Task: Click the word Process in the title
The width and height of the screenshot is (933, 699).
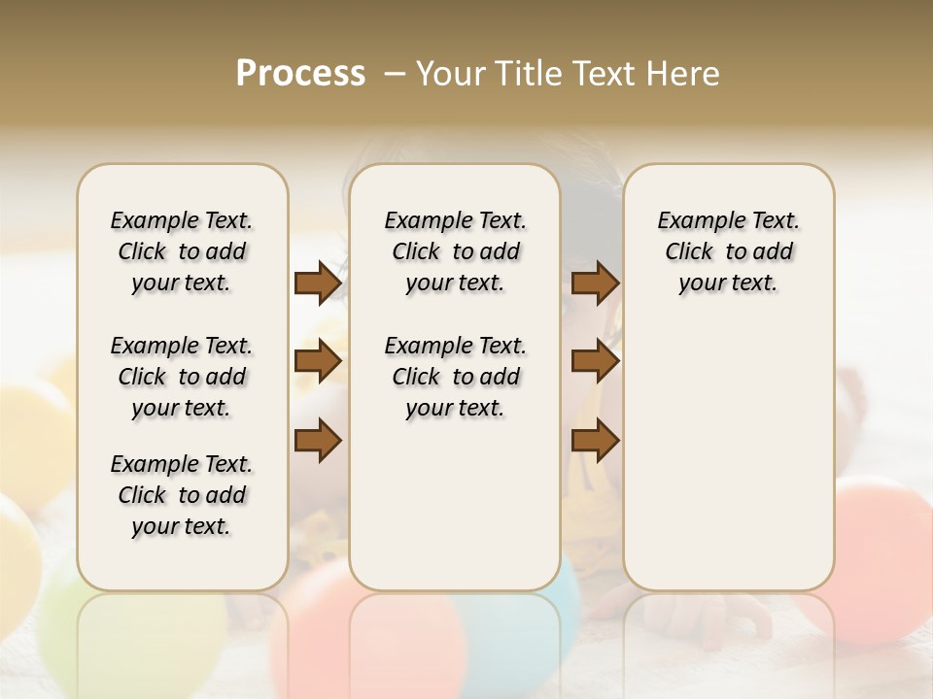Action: (x=300, y=74)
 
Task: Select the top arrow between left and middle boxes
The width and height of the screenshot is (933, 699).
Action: (x=318, y=283)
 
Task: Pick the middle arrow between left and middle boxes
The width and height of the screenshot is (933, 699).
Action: (x=318, y=362)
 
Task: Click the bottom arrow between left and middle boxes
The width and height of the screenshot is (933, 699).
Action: (x=318, y=441)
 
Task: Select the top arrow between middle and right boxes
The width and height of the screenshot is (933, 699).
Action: (x=596, y=283)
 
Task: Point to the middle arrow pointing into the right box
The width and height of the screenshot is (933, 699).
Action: (x=596, y=362)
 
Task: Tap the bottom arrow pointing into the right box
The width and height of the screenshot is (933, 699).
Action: (x=596, y=441)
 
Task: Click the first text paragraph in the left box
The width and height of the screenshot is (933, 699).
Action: (x=182, y=251)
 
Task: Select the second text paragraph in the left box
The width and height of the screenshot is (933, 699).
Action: (x=182, y=377)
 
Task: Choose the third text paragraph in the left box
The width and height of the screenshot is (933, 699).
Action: (x=182, y=495)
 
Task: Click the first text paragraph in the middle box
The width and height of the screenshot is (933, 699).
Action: (x=455, y=251)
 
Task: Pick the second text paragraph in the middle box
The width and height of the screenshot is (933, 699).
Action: (x=455, y=377)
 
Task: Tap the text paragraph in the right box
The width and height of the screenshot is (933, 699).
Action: (x=728, y=251)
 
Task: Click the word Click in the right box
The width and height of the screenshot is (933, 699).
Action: (x=689, y=252)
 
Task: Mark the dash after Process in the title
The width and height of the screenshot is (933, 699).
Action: (x=395, y=74)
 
